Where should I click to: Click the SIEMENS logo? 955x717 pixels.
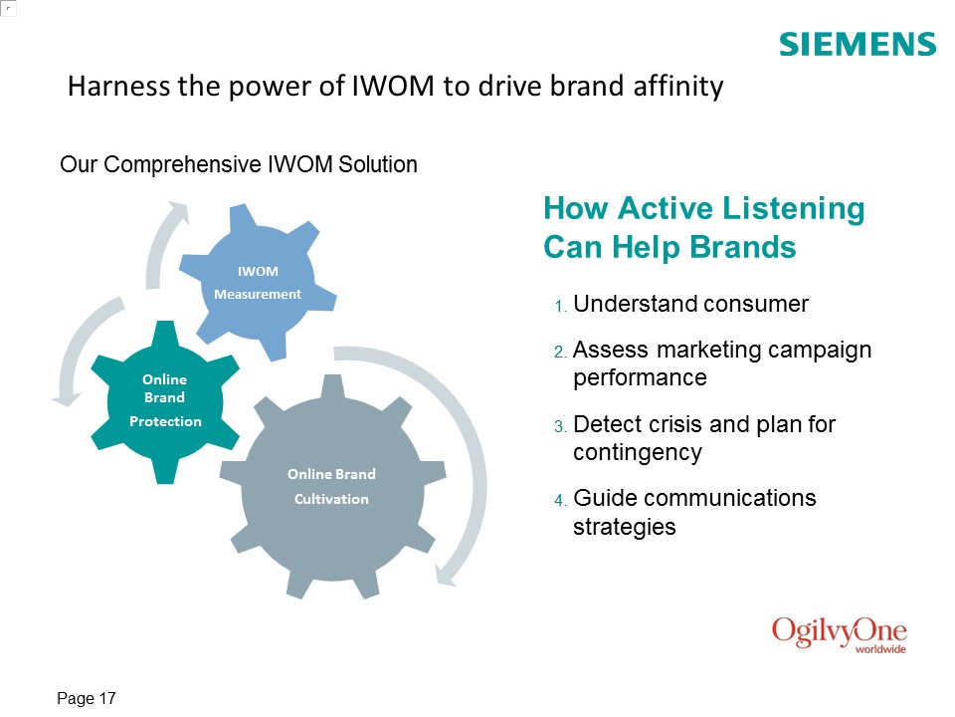tap(858, 45)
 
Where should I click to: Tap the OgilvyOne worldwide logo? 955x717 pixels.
tap(840, 635)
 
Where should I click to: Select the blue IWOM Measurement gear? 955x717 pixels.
tap(258, 282)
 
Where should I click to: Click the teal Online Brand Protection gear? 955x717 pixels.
tap(164, 402)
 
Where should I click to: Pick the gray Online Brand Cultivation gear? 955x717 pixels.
tap(332, 487)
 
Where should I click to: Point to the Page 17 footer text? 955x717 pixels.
tap(86, 698)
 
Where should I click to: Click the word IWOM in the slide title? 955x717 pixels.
tap(393, 86)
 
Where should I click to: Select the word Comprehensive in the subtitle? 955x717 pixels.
tap(183, 164)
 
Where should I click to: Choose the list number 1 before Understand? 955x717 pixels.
tap(560, 306)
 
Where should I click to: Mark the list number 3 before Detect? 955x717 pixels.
tap(560, 426)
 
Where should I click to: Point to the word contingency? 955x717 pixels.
tap(638, 453)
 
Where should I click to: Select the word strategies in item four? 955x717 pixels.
tap(625, 527)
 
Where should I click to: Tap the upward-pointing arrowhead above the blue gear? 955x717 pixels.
tap(178, 211)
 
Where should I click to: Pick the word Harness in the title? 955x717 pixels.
tap(118, 86)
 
